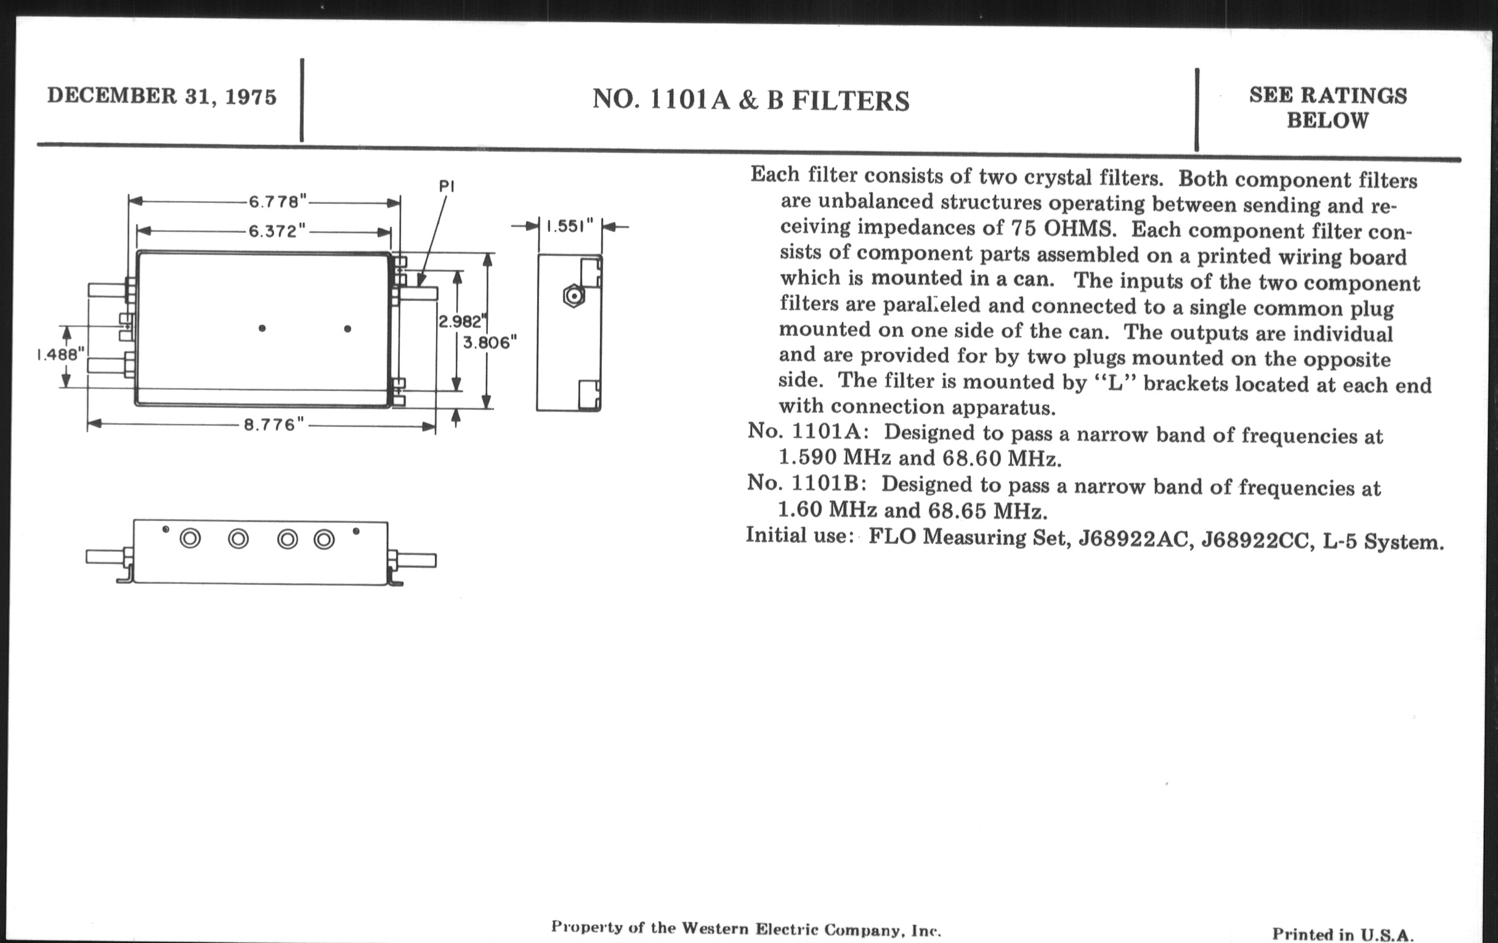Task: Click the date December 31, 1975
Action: [162, 96]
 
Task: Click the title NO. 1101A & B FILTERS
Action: [751, 100]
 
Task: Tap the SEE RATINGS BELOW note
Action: [1327, 107]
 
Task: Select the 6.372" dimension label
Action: [277, 231]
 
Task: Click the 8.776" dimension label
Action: [273, 425]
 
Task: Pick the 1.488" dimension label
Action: [60, 354]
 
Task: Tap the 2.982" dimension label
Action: [461, 321]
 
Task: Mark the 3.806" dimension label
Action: [490, 342]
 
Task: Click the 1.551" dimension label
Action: [570, 226]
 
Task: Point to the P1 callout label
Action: [447, 186]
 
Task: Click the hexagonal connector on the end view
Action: [573, 296]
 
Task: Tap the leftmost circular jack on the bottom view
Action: [190, 539]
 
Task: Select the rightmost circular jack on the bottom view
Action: [324, 539]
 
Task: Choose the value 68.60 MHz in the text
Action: [1001, 459]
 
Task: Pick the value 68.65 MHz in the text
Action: [987, 511]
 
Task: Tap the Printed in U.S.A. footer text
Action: [1343, 934]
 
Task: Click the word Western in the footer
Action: [715, 929]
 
